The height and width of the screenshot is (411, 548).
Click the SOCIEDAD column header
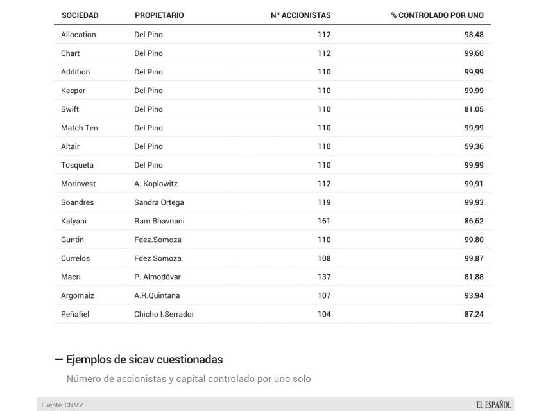[x=80, y=15]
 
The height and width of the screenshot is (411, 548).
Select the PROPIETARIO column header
[x=159, y=15]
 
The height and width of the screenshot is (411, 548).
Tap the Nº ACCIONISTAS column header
[x=301, y=15]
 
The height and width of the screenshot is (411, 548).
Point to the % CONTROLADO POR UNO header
[x=437, y=15]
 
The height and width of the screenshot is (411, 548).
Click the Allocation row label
[x=78, y=35]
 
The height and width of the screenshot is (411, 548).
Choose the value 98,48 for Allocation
[x=474, y=35]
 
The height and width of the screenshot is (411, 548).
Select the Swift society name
[x=70, y=109]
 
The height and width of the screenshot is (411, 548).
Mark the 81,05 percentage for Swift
[x=474, y=109]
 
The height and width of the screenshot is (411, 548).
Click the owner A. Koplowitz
[x=156, y=184]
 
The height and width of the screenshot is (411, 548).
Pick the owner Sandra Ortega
[x=159, y=202]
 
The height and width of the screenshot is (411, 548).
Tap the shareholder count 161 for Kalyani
[x=324, y=221]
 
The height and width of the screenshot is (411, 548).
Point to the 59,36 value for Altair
[x=474, y=146]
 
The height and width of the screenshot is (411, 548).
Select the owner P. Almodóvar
[x=157, y=277]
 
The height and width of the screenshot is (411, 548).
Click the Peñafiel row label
[x=74, y=314]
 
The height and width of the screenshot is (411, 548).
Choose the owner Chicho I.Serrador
[x=164, y=314]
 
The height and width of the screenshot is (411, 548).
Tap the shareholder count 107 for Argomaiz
[x=324, y=295]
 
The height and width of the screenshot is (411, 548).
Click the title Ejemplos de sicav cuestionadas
[x=144, y=360]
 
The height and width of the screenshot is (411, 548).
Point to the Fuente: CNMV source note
[x=62, y=405]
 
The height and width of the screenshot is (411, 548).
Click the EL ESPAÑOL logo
[x=493, y=405]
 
